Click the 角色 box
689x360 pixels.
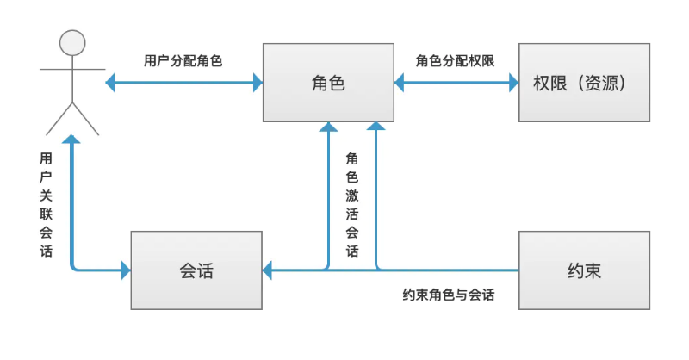pyautogui.click(x=328, y=83)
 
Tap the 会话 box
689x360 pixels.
pyautogui.click(x=196, y=270)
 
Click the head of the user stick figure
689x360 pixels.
pyautogui.click(x=72, y=42)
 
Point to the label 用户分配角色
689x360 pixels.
pyautogui.click(x=184, y=61)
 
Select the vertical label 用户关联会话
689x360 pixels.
pyautogui.click(x=46, y=206)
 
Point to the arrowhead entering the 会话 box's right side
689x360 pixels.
pyautogui.click(x=269, y=270)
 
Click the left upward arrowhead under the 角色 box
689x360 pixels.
pyautogui.click(x=327, y=127)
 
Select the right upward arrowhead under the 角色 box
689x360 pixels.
pyautogui.click(x=376, y=127)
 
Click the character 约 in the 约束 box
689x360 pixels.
pyautogui.click(x=574, y=270)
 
